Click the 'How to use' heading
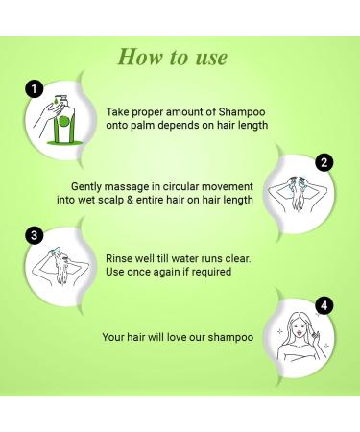[x=172, y=57]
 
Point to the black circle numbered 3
[x=36, y=235]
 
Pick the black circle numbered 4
[x=324, y=306]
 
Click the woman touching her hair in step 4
[x=300, y=339]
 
